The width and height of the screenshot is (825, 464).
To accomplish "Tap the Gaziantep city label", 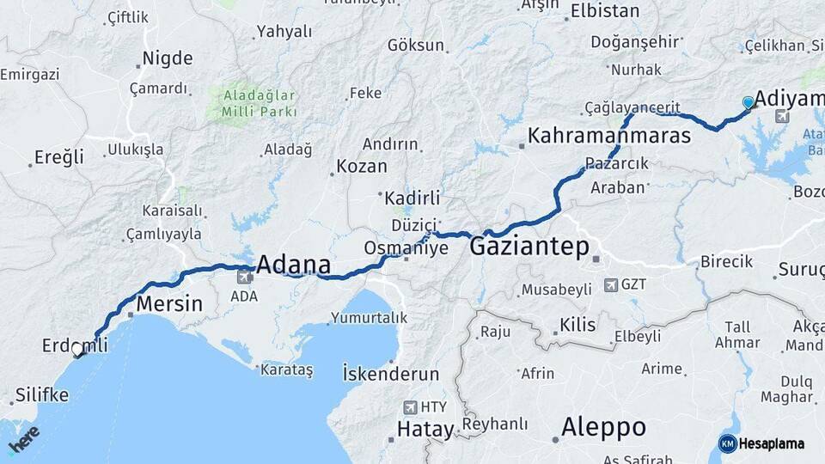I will [x=529, y=247].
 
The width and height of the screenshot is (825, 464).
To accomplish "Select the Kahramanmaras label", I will [x=609, y=135].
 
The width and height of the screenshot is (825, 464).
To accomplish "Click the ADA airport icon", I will [x=244, y=278].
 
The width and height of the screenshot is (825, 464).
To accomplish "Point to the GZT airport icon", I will [x=610, y=284].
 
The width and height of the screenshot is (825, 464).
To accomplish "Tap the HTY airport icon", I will [x=409, y=407].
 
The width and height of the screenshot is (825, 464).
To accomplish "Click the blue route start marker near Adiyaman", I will [x=748, y=103].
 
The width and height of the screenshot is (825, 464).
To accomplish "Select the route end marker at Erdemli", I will [x=77, y=350].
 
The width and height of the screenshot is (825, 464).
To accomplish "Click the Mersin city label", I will [x=169, y=304].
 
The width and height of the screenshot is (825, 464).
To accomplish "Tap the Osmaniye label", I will [x=406, y=247].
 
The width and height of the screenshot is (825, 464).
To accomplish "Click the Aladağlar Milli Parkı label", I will [x=259, y=102].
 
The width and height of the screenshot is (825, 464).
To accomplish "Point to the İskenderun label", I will [x=390, y=375].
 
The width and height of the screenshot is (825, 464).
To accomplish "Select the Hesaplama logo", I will [x=761, y=443].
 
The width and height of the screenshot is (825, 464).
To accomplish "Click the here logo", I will [x=23, y=440].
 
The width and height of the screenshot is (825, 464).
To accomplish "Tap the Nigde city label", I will [x=168, y=58].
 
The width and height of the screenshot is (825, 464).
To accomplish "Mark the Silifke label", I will [x=41, y=396].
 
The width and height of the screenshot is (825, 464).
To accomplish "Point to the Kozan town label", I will [x=361, y=166].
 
